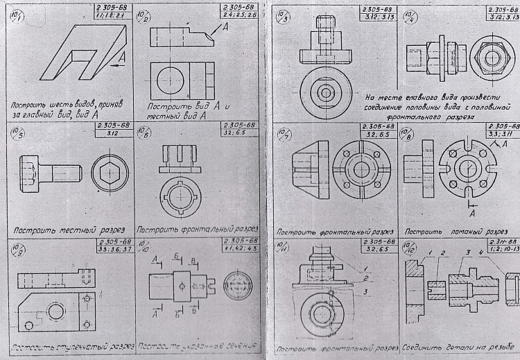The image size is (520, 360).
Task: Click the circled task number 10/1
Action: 14,16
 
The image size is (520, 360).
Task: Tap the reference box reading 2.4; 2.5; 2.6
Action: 236,14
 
